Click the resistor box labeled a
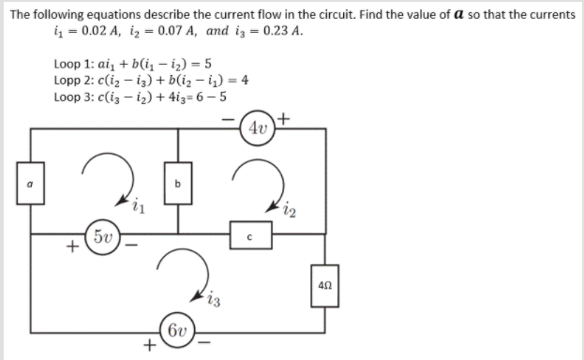(32, 185)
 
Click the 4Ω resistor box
(324, 283)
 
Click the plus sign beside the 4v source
(284, 119)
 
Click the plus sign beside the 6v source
(147, 346)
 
